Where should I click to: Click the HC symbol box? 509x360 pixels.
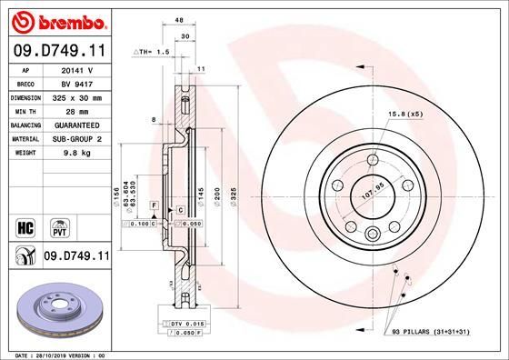(x=25, y=224)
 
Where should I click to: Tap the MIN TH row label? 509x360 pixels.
(x=25, y=109)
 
